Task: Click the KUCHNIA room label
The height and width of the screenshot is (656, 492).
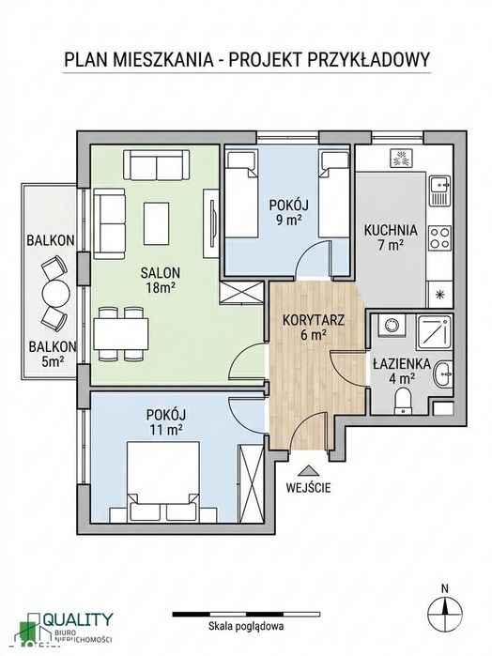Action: tap(391, 230)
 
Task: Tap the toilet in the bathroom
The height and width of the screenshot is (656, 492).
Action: tap(403, 402)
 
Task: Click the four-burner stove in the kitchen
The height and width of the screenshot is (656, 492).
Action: tap(440, 237)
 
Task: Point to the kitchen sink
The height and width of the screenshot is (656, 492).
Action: tap(439, 191)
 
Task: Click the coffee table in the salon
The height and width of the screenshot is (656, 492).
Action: tap(157, 223)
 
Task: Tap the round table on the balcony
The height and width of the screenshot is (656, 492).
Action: tap(54, 293)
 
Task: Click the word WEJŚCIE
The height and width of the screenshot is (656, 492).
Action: tap(308, 487)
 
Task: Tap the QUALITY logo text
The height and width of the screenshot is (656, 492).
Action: tap(79, 619)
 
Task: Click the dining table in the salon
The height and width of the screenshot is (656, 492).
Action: tap(121, 334)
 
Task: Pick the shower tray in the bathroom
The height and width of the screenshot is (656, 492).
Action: tap(434, 333)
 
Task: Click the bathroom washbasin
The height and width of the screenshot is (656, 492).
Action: tap(443, 373)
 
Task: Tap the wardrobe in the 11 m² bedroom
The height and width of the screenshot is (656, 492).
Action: tap(250, 484)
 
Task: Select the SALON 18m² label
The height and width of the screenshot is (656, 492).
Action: tap(161, 281)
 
